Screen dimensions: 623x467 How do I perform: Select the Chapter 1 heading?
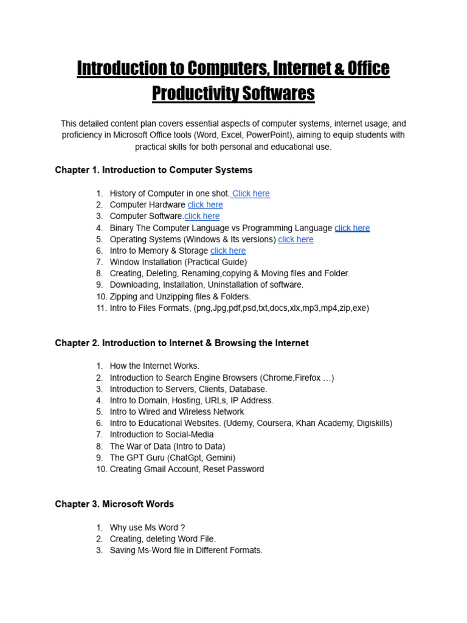[153, 170]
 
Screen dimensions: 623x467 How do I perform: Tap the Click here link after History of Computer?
[251, 193]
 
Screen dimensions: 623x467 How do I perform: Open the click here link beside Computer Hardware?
[205, 205]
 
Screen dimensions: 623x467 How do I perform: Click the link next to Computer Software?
[202, 216]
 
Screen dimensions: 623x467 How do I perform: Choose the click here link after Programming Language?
[352, 228]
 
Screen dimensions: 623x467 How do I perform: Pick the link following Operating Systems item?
[296, 239]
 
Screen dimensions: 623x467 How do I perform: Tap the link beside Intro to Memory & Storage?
[228, 251]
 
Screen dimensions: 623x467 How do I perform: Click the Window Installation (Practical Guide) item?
[178, 262]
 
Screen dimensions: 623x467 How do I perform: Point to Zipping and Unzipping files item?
[180, 296]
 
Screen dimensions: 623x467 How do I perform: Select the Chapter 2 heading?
[182, 343]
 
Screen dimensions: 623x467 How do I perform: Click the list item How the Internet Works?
[154, 366]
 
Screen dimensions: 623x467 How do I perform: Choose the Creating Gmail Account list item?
[187, 469]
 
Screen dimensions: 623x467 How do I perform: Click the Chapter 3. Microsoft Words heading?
[114, 504]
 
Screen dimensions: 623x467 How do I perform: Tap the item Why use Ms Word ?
[147, 527]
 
